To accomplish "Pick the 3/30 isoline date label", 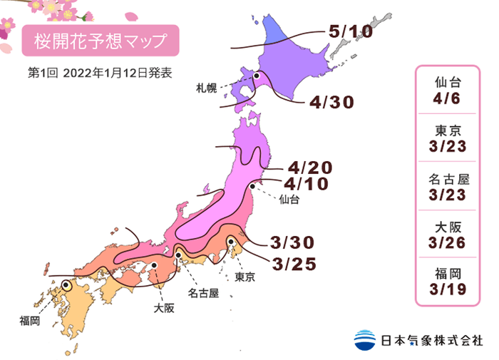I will [x=294, y=240].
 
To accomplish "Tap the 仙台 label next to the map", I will [x=289, y=200].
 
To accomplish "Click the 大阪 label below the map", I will [x=163, y=309].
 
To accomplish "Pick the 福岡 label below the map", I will [x=30, y=322].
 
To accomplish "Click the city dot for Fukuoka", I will [x=66, y=284].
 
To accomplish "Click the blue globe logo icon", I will [x=365, y=340].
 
